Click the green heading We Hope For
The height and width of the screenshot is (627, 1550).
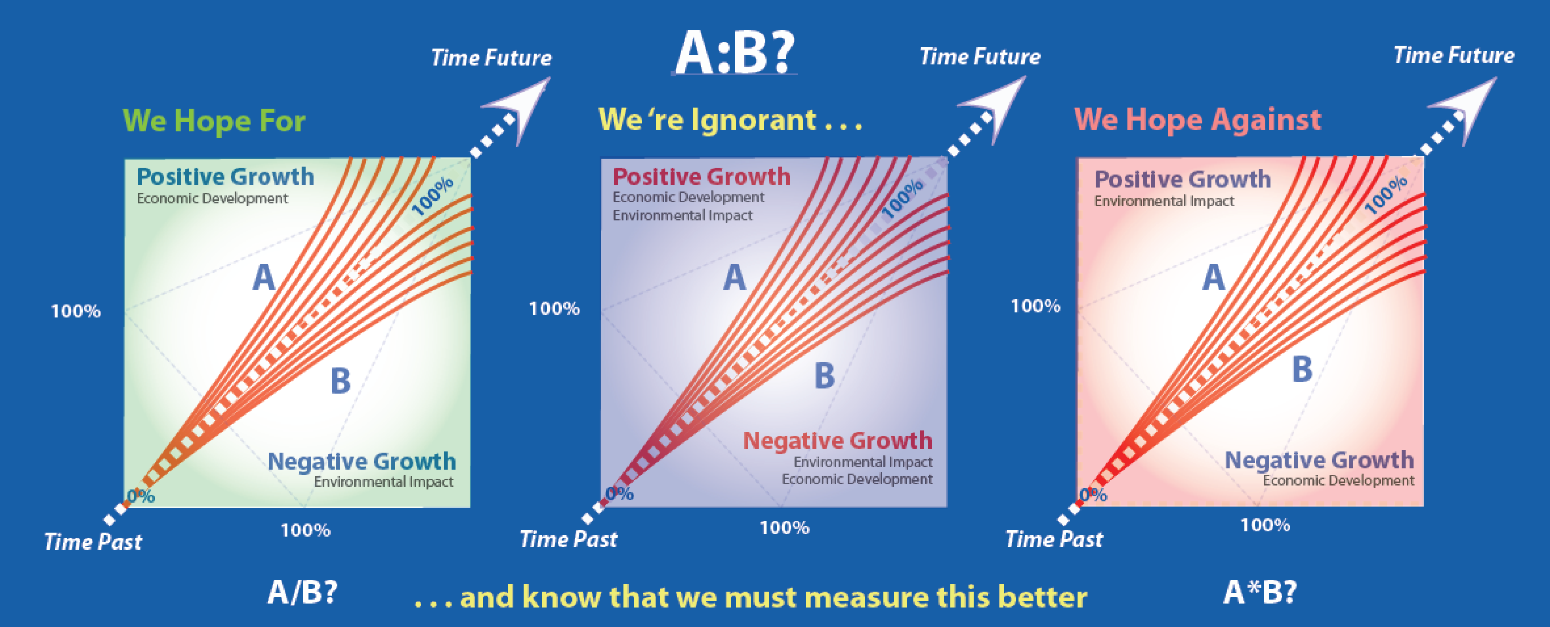click(214, 120)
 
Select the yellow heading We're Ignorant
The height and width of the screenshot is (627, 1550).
click(730, 119)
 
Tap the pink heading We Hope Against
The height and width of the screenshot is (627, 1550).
click(1197, 119)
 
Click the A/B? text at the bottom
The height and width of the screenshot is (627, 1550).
click(302, 593)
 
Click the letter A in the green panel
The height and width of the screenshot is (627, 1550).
click(263, 278)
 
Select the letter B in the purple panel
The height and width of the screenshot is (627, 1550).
click(824, 376)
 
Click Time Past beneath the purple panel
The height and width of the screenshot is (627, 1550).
click(569, 539)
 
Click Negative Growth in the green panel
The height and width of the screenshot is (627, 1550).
click(362, 462)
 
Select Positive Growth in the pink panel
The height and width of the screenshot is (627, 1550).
click(1182, 179)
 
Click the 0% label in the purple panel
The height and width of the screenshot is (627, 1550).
click(619, 494)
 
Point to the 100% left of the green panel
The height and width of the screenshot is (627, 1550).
click(76, 311)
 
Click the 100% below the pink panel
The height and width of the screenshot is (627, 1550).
click(1265, 525)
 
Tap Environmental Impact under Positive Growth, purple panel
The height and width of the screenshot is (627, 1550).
click(682, 215)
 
